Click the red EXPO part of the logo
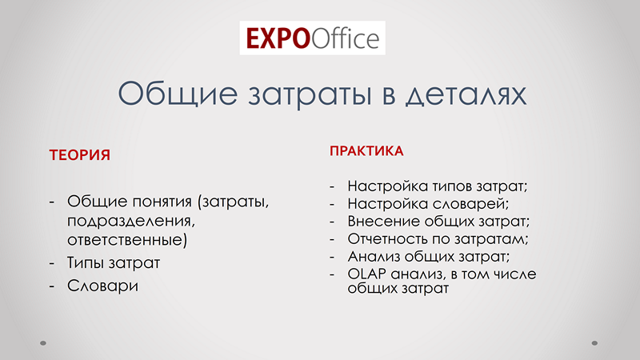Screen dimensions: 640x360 tap(278, 38)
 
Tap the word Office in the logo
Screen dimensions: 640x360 tap(346, 38)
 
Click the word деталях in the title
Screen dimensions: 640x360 tap(466, 94)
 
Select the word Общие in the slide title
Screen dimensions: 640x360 tap(178, 94)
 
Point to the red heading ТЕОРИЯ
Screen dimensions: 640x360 tap(79, 155)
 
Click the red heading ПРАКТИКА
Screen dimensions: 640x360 tap(366, 151)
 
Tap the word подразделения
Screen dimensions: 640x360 tap(131, 221)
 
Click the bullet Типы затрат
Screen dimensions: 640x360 tap(114, 262)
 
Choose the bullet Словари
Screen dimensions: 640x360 tap(103, 286)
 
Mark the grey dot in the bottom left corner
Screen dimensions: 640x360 tap(43, 343)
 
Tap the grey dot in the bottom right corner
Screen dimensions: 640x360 tap(594, 343)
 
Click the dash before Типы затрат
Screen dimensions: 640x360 tap(52, 263)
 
